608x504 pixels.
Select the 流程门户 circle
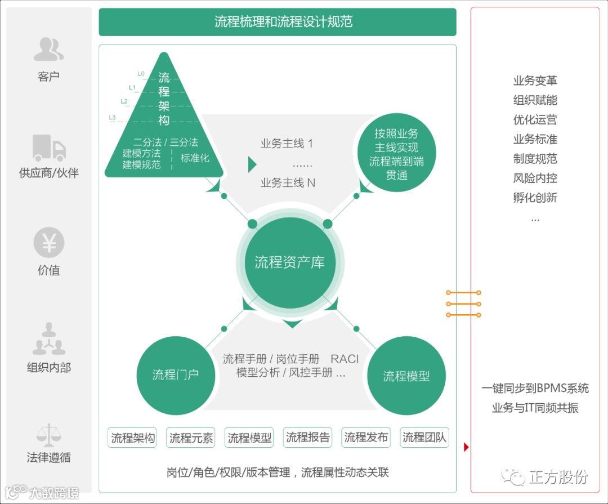(176, 374)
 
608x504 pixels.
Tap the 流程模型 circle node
(406, 376)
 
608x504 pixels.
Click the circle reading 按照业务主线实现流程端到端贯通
(396, 154)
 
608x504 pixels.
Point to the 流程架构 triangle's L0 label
(141, 73)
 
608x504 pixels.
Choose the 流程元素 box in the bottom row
(191, 438)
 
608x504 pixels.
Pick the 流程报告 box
(308, 438)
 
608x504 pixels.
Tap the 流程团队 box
(424, 438)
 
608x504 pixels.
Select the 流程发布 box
(366, 438)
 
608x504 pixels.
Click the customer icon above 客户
(48, 49)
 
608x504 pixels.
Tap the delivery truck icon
(49, 148)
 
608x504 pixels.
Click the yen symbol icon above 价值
(49, 244)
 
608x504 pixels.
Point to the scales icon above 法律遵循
(49, 435)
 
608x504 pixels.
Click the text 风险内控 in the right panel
(535, 179)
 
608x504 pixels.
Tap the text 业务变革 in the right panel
(535, 81)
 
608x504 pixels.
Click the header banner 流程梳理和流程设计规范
(278, 22)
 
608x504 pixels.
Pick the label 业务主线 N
(288, 183)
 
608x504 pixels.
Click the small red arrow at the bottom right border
(466, 447)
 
